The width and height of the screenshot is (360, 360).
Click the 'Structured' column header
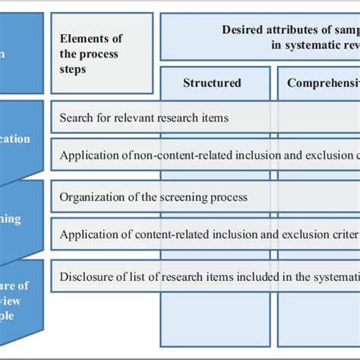(x=212, y=83)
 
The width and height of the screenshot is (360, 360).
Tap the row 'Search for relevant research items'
(x=144, y=118)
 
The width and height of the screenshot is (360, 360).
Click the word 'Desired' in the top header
(x=242, y=30)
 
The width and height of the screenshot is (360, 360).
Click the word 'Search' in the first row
(x=77, y=118)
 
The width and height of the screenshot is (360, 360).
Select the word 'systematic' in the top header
(x=302, y=45)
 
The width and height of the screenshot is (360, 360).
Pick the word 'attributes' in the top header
(x=289, y=30)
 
